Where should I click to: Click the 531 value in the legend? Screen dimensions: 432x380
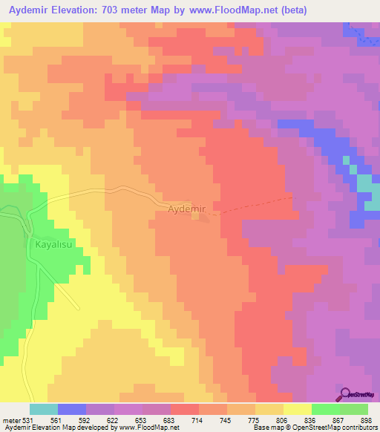(22, 421)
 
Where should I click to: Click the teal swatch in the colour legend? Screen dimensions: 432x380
(44, 409)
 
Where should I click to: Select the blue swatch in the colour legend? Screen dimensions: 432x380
(72, 409)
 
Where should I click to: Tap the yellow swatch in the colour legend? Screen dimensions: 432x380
(298, 409)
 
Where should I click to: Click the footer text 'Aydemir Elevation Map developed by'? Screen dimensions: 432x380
(52, 428)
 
